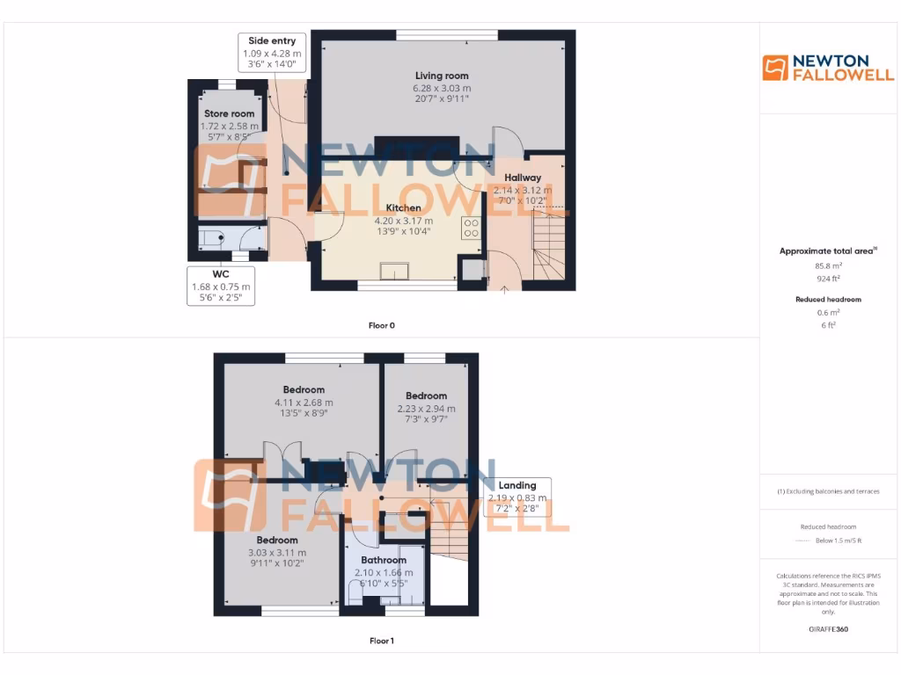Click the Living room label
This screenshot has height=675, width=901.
click(x=442, y=76)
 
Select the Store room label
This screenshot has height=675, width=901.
click(x=229, y=114)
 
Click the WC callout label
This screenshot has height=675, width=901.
click(x=220, y=273)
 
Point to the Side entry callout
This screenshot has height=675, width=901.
click(x=272, y=41)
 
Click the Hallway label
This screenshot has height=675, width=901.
click(x=523, y=178)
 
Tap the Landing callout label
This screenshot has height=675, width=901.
click(x=517, y=485)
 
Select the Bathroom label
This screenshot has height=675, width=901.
click(x=384, y=560)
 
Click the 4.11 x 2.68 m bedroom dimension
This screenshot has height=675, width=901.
click(x=304, y=403)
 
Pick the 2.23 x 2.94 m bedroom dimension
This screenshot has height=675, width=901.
click(x=427, y=409)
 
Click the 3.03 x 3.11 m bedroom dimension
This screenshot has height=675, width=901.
click(x=277, y=553)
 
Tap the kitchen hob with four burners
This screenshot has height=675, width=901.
click(x=471, y=229)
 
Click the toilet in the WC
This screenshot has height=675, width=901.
click(x=209, y=236)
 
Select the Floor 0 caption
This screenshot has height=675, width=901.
click(x=381, y=325)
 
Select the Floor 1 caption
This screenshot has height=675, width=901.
click(x=381, y=641)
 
